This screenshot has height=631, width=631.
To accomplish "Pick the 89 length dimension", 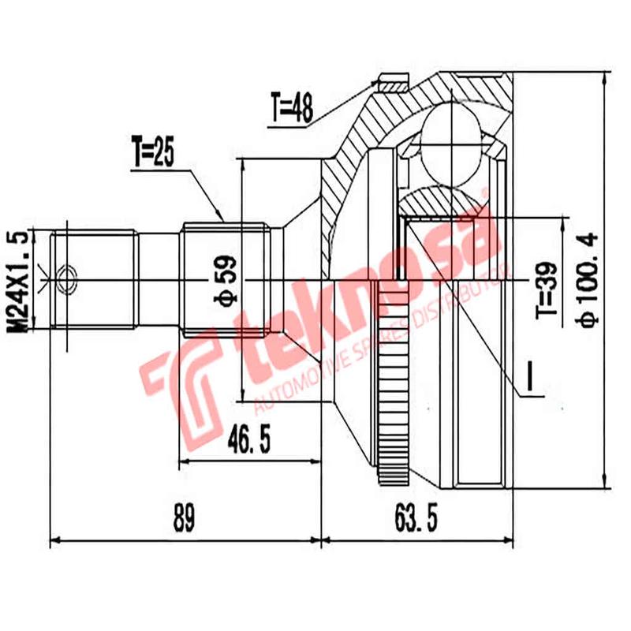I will pyautogui.click(x=184, y=521).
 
